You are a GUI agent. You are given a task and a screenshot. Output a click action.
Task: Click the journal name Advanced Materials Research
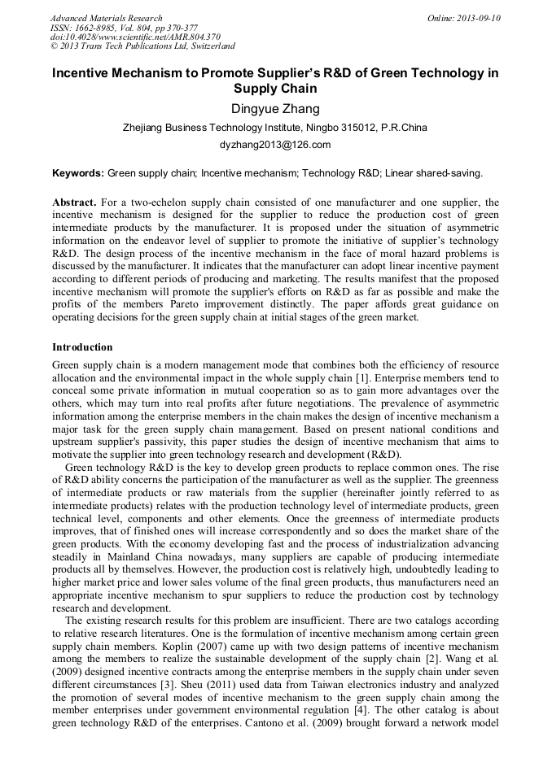tap(107, 18)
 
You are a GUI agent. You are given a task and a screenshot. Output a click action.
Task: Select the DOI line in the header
tap(135, 37)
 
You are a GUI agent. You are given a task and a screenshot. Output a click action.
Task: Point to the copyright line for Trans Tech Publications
tap(142, 46)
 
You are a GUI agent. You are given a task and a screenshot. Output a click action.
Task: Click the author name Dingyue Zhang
tap(275, 109)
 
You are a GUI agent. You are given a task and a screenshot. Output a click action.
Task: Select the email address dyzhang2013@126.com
tap(275, 145)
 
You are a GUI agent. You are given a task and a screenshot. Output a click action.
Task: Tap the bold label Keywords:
tap(78, 173)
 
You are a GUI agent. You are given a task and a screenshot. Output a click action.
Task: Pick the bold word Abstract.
tap(75, 202)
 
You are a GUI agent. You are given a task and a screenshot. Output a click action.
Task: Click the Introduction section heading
tap(82, 348)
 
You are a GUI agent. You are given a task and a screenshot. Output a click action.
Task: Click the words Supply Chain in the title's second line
tap(275, 89)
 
